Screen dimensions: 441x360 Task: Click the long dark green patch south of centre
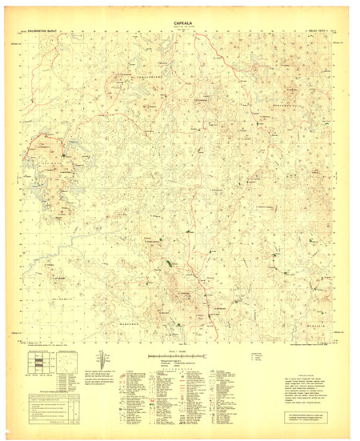tap(169, 263)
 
